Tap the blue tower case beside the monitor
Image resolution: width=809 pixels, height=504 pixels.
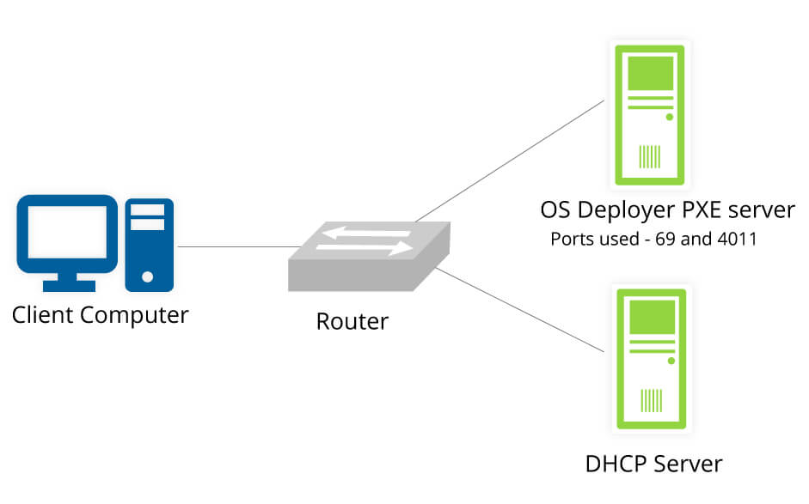coord(148,244)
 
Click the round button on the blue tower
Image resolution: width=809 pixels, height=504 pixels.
coord(148,276)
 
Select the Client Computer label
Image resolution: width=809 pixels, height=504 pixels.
coord(100,315)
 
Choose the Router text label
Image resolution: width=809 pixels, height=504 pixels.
coord(352,321)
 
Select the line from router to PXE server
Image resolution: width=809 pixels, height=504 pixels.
coord(507,160)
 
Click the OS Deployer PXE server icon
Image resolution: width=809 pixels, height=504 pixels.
coord(649,116)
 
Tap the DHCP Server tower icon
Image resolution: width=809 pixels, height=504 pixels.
coord(649,358)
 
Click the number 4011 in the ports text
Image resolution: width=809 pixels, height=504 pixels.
coord(736,239)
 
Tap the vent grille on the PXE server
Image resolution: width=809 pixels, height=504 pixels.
coord(650,156)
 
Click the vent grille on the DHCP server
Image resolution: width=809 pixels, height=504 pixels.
coord(650,400)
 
